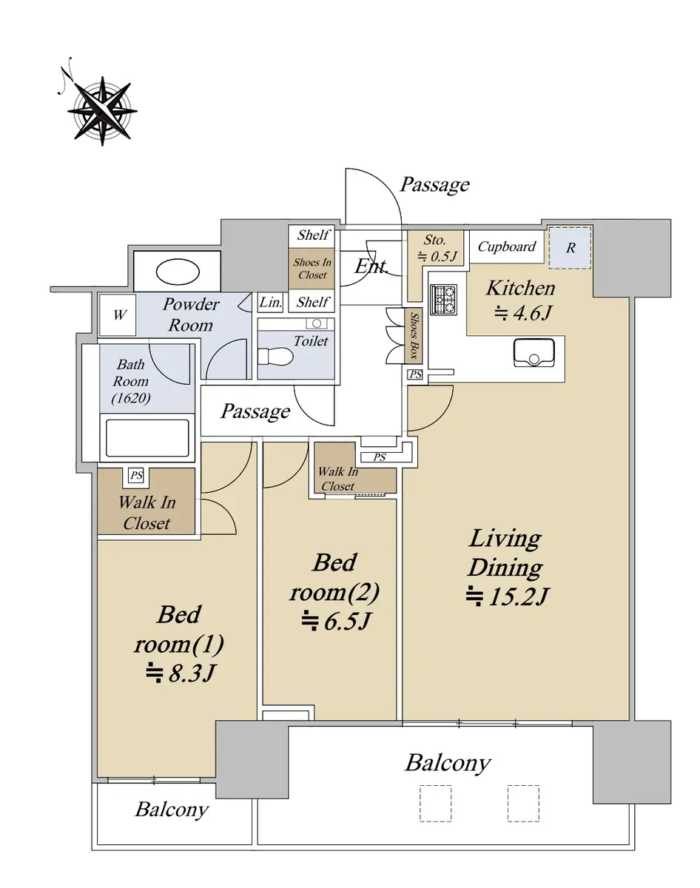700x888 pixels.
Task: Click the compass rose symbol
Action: (x=102, y=110)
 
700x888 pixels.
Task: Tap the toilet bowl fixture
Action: (x=275, y=357)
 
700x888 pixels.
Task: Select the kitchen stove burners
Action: (x=444, y=300)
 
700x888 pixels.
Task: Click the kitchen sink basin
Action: (x=534, y=352)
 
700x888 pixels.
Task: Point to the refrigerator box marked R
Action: (x=570, y=248)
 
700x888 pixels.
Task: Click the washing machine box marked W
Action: (x=118, y=314)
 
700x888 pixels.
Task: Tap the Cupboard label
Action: (x=506, y=246)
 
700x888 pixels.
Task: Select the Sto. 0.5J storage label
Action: (x=437, y=249)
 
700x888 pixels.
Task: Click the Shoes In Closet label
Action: (x=312, y=269)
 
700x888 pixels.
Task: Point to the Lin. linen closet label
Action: (x=270, y=303)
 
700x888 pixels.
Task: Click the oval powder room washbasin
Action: (x=178, y=272)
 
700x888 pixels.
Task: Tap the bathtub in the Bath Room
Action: (x=147, y=438)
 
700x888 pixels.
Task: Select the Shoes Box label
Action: (x=414, y=335)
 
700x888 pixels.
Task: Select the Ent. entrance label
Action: (x=371, y=266)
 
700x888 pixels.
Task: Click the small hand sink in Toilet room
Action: (x=317, y=323)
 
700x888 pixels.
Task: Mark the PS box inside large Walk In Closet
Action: (x=136, y=475)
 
